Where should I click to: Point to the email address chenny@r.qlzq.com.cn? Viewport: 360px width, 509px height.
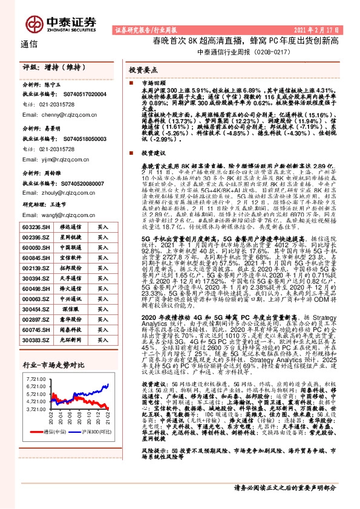[53, 113]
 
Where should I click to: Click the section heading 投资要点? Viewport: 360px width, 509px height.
[143, 70]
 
